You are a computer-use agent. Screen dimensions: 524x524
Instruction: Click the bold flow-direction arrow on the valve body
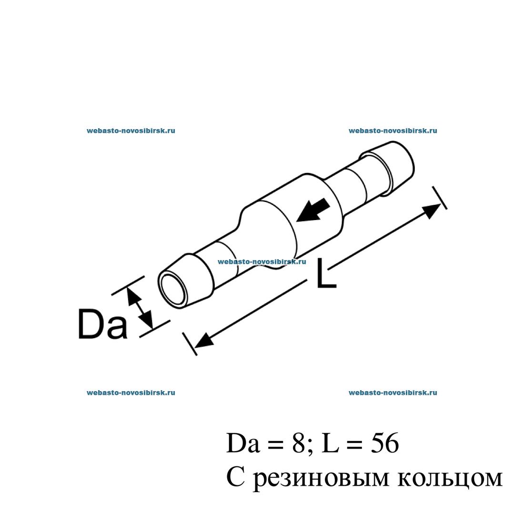click(x=312, y=211)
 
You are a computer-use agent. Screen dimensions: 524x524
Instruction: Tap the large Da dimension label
click(x=102, y=324)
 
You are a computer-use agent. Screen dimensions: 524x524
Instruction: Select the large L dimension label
click(x=326, y=272)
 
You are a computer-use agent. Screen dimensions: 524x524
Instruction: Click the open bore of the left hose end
click(x=173, y=289)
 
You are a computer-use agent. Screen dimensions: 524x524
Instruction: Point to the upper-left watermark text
click(x=131, y=131)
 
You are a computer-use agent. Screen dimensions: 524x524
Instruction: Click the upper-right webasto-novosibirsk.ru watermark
click(x=393, y=131)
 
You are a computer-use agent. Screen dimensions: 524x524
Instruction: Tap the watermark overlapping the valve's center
click(x=262, y=262)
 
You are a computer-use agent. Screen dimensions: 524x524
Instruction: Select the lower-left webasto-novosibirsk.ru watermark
click(x=131, y=393)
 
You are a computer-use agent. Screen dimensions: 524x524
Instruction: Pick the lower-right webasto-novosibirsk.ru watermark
click(x=393, y=393)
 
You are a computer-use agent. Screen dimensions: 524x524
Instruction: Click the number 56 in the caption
click(x=385, y=443)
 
